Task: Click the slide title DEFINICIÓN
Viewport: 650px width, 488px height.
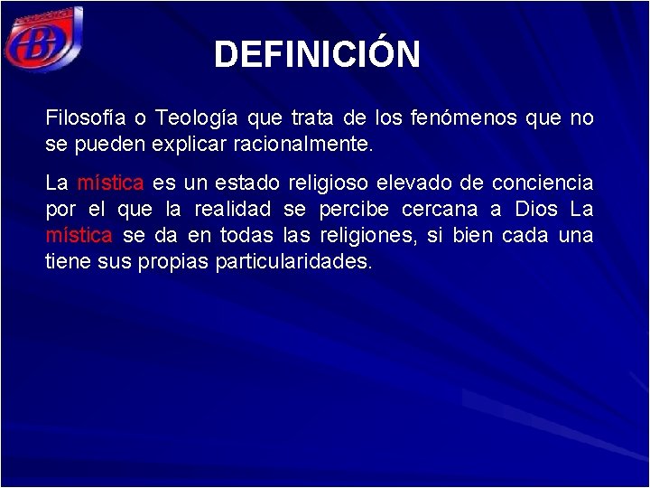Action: click(x=317, y=54)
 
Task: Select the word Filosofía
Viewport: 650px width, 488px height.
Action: click(x=85, y=118)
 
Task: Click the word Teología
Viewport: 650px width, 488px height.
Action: click(x=195, y=118)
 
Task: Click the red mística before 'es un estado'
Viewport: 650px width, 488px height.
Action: click(x=110, y=183)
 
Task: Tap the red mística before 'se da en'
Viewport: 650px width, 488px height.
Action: click(x=79, y=236)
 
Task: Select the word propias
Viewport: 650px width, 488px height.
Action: click(x=177, y=262)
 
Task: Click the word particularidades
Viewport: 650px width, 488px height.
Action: click(x=294, y=262)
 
